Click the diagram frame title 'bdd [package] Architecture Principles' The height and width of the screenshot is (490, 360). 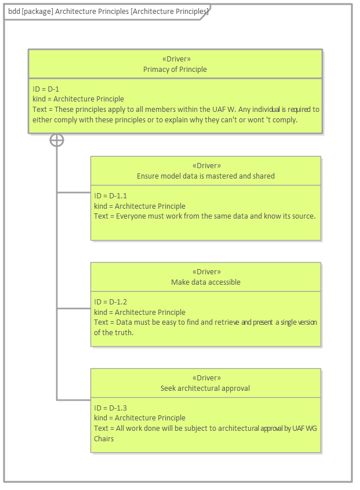(108, 12)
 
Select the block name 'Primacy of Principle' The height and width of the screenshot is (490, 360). (175, 69)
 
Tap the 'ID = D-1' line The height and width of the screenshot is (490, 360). (46, 89)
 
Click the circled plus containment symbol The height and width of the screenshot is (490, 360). (57, 140)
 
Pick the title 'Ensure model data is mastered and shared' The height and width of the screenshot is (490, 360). (205, 176)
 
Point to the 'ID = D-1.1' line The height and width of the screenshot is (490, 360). (110, 196)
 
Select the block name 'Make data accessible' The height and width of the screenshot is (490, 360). (205, 282)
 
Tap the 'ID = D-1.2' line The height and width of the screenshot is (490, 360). (110, 302)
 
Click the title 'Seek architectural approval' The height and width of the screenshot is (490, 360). (205, 388)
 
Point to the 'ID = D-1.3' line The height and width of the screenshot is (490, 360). (110, 408)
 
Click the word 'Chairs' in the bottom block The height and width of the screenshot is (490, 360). (104, 438)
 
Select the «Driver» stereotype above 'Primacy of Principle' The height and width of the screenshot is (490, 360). (175, 59)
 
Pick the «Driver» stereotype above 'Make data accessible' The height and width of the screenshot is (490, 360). (205, 272)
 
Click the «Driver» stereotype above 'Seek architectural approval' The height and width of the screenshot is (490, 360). (205, 378)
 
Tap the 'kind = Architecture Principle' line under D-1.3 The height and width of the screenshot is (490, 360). (140, 418)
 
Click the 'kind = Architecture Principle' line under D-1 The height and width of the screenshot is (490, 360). (78, 99)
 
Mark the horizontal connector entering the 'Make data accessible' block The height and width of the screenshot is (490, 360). (74, 308)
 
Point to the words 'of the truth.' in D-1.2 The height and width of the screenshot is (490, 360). (114, 332)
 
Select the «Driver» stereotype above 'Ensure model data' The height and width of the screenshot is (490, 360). (205, 166)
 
